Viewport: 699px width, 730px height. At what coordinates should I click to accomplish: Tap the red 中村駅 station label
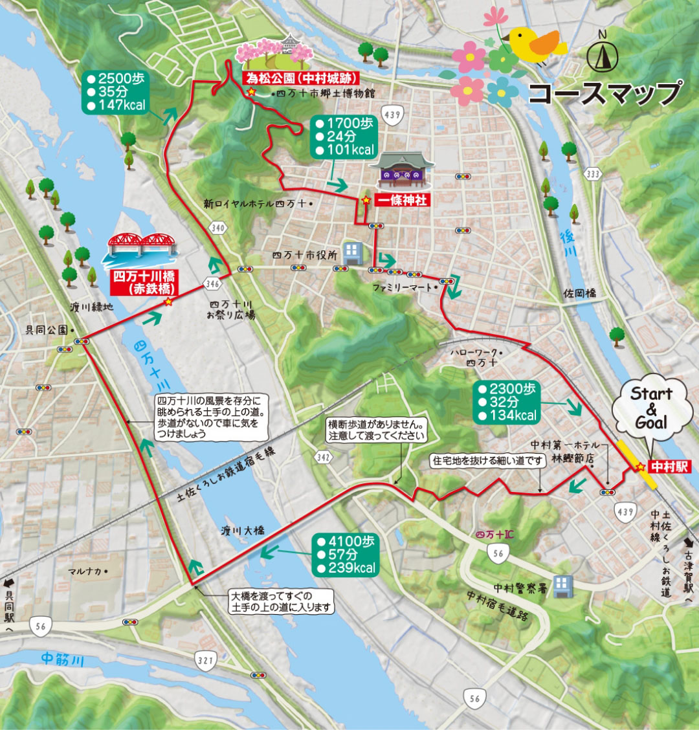[671, 466]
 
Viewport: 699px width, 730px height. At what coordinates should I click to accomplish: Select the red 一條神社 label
[403, 201]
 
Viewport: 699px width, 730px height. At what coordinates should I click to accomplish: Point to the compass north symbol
[603, 56]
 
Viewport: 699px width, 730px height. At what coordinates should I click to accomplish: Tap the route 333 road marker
[592, 174]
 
